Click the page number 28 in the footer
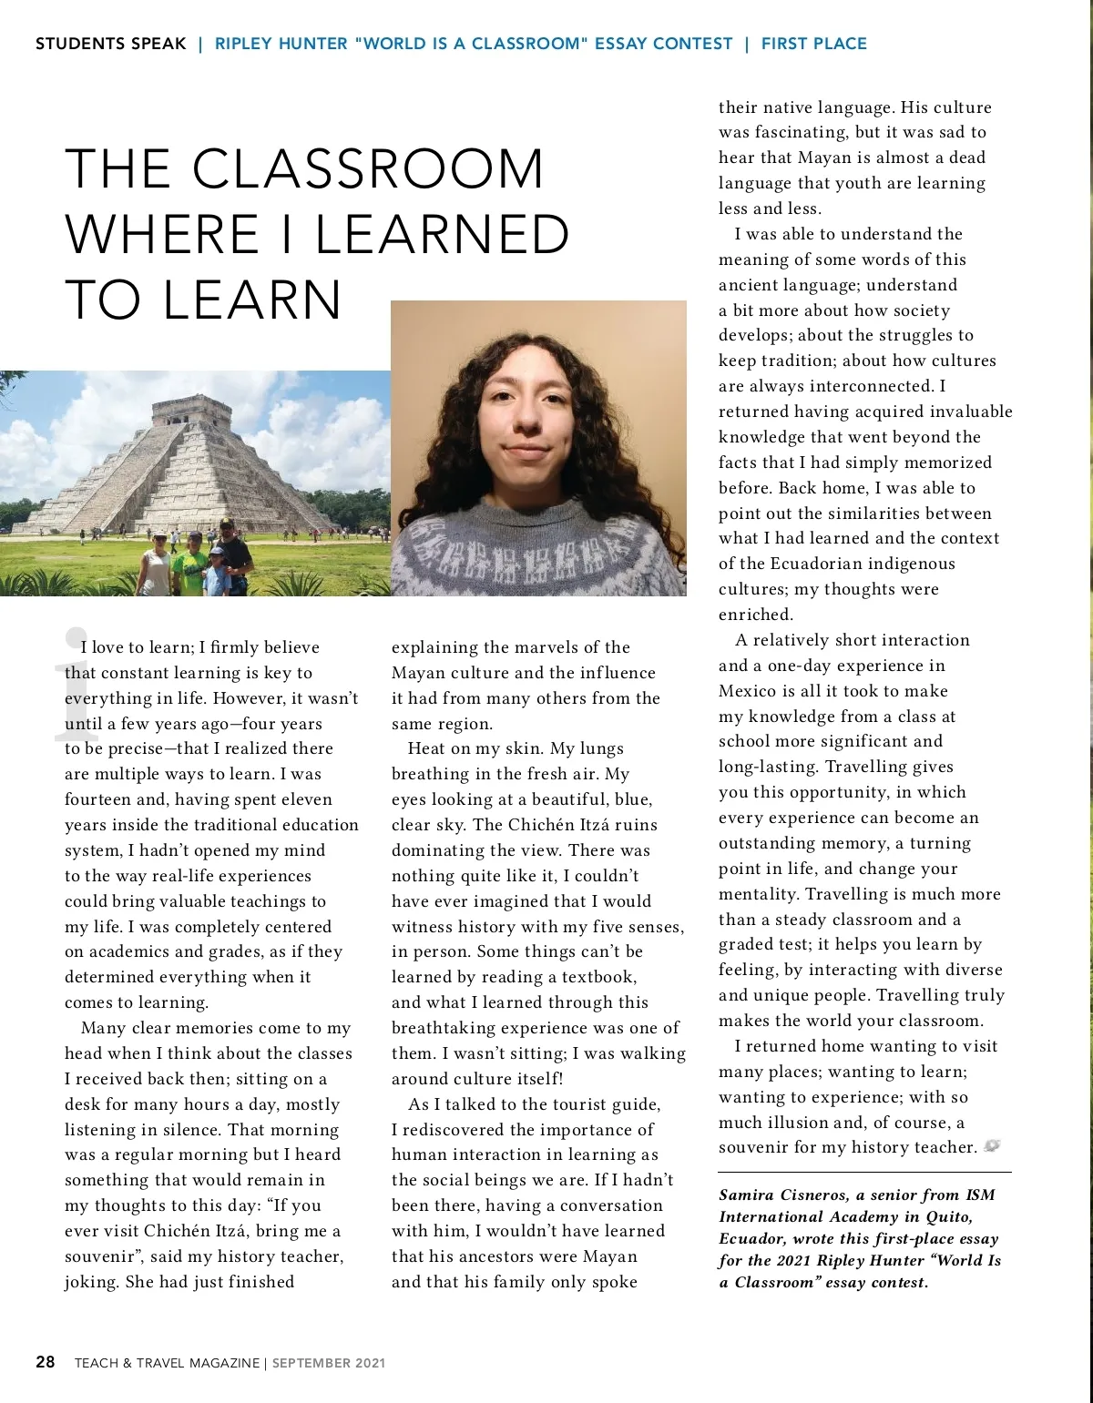coord(46,1362)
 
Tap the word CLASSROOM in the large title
coord(367,169)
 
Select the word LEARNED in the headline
coord(443,235)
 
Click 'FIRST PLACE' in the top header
coord(813,44)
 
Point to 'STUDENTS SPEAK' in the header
coord(110,44)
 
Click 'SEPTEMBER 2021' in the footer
coord(328,1363)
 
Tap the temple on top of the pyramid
coord(179,412)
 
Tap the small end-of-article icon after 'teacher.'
coord(992,1146)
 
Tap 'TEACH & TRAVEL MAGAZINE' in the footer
coord(167,1363)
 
